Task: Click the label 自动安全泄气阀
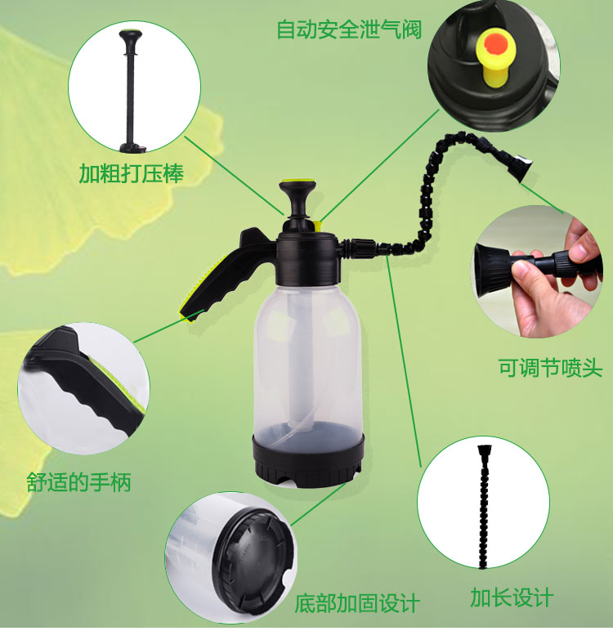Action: click(349, 30)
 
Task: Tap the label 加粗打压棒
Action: click(131, 173)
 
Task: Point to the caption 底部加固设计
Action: click(357, 603)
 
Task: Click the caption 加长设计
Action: click(512, 597)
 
